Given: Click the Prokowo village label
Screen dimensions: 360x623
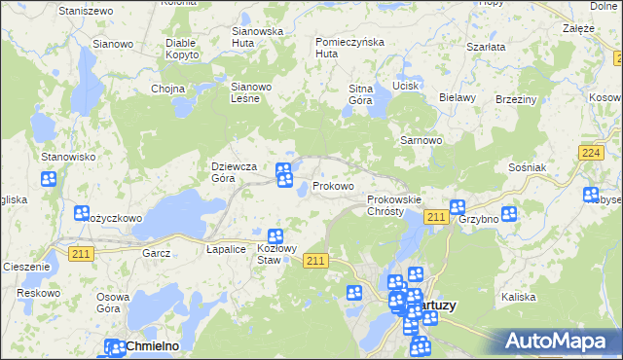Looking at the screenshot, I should [333, 186].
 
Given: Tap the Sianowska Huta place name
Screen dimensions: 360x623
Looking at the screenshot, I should [257, 37].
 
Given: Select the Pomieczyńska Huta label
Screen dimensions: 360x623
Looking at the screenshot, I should [350, 48].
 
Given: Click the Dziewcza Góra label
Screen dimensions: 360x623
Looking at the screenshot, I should [234, 172].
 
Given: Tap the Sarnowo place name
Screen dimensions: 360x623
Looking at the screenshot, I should [421, 140].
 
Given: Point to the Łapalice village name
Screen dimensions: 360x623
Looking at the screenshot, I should [225, 250].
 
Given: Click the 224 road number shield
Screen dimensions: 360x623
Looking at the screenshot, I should [588, 153].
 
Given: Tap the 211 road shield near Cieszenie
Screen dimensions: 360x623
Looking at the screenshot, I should [81, 253].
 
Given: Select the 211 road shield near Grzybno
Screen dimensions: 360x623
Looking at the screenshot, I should [435, 217].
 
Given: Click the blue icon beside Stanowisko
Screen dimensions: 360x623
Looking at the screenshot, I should [49, 179].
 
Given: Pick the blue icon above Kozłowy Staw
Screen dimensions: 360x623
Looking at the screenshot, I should [275, 235].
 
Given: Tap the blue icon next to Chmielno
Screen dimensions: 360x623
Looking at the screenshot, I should [113, 345].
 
